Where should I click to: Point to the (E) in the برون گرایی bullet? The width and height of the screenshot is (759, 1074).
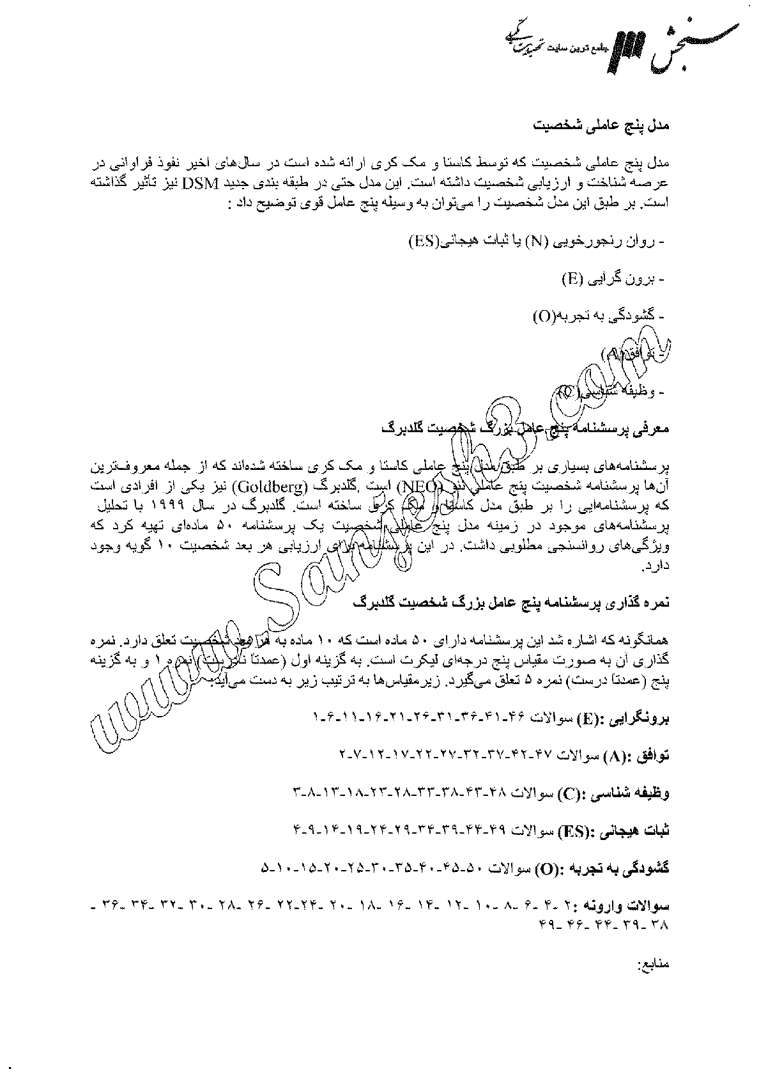click(x=571, y=279)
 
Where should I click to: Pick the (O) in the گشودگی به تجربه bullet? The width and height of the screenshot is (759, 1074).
click(x=544, y=316)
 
